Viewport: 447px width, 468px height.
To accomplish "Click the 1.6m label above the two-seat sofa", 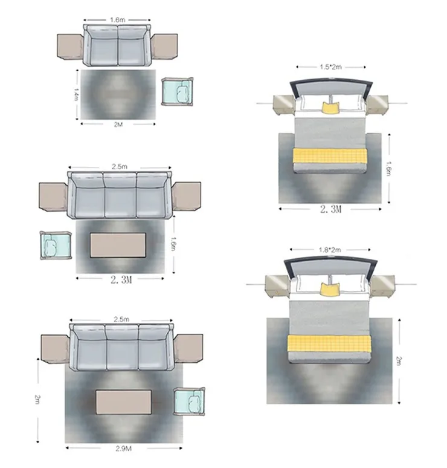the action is (118, 20).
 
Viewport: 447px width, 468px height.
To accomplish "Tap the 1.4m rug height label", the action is (76, 94).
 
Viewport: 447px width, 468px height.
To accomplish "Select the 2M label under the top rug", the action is (118, 125).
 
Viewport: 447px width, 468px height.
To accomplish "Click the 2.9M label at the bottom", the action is (123, 448).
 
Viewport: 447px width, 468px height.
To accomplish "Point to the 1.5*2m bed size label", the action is (330, 67).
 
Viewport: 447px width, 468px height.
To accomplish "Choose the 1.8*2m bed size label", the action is (329, 250).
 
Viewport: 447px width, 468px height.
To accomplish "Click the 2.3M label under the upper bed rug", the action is (330, 209).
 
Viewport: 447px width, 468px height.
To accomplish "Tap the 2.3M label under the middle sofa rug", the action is (121, 280).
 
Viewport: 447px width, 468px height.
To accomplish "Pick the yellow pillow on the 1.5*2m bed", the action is (330, 108).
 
